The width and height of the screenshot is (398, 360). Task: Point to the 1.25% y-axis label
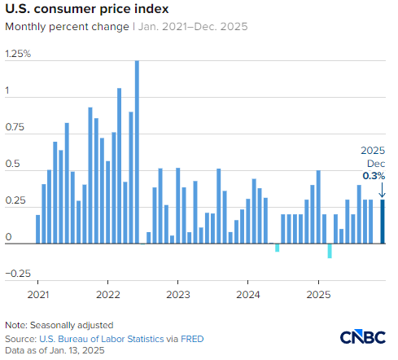tap(17, 54)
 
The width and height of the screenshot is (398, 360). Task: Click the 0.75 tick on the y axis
tap(14, 128)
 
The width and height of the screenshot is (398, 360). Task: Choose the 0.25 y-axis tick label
tap(14, 201)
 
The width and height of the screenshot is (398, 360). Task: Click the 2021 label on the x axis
tap(38, 294)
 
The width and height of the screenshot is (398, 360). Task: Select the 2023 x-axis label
tap(178, 294)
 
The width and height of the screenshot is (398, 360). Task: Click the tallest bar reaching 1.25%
tap(137, 151)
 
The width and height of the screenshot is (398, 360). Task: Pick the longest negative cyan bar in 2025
tap(330, 251)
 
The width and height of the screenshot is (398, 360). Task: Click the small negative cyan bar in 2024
tap(277, 248)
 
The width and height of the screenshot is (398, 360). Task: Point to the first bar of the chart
tap(38, 229)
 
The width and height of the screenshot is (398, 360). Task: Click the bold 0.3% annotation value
tap(374, 175)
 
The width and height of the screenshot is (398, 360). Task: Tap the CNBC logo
tap(362, 338)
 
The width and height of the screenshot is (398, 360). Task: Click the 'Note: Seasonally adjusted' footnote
tap(59, 324)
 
